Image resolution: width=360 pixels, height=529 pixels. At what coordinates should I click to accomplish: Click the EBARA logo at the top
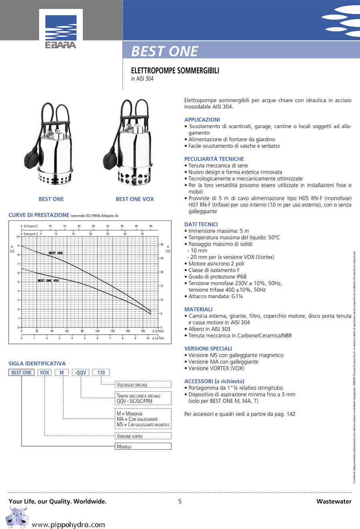61,32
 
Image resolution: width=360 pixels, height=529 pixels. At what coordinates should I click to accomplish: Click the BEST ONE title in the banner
165,51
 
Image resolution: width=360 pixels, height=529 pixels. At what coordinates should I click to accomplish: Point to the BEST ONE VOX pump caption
135,199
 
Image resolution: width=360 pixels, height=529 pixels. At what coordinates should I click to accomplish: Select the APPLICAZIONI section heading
202,120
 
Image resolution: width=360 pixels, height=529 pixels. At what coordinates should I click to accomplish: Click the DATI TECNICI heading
201,224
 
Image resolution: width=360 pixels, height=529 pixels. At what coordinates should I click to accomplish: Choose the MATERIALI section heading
198,309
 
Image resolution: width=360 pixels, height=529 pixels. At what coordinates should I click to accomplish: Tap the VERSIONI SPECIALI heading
208,349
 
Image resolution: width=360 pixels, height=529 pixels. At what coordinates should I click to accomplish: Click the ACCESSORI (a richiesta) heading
214,382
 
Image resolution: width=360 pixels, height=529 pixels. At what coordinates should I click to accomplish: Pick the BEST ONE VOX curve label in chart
48,281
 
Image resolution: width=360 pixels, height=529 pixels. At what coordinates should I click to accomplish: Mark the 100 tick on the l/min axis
97,331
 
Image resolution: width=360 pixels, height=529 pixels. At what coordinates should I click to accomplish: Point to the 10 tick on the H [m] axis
18,237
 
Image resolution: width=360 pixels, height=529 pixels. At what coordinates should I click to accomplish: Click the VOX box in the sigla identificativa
44,373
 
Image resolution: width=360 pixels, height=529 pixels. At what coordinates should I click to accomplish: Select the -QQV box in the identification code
80,373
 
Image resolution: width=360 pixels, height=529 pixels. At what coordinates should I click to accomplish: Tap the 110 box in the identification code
101,373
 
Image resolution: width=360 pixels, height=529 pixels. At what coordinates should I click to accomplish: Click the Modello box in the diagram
143,446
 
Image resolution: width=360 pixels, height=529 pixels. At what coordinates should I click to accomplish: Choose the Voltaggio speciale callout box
143,385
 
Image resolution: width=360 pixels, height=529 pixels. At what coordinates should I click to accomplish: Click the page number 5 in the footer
180,501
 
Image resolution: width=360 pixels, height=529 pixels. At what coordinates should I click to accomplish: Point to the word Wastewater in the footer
334,501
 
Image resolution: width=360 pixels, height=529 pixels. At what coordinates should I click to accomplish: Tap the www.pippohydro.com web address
68,525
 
